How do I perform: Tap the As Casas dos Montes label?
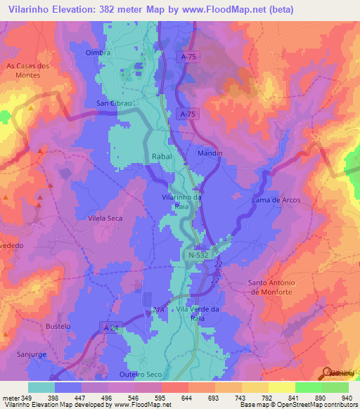(x=28, y=70)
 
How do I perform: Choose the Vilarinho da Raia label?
(x=182, y=202)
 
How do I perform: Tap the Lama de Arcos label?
(x=276, y=200)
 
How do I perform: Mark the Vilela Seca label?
(x=105, y=219)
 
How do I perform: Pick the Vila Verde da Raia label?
(x=199, y=313)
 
